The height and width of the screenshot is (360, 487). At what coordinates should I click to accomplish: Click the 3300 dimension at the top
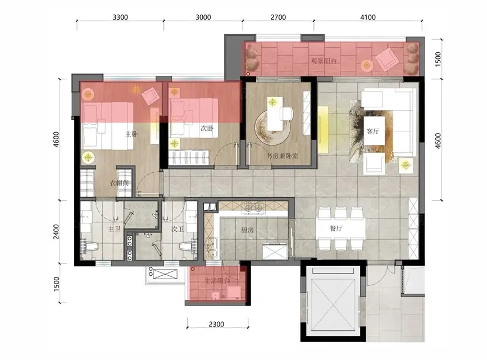click(120, 17)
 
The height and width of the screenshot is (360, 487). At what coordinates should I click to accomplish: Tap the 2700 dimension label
click(278, 17)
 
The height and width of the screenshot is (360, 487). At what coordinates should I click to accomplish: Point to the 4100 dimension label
click(368, 17)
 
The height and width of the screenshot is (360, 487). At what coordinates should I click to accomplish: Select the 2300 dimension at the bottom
click(216, 324)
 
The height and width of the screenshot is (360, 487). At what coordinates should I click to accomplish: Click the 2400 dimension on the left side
click(56, 232)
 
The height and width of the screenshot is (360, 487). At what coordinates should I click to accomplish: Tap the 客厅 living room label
click(373, 131)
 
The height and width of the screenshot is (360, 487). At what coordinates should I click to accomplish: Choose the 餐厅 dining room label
click(336, 229)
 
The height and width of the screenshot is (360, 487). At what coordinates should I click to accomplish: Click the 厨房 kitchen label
click(247, 230)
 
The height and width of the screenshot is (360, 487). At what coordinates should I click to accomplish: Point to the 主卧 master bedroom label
click(131, 134)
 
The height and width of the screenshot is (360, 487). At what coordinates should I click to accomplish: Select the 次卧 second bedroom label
click(207, 128)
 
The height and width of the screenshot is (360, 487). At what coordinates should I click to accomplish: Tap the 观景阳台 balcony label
click(324, 61)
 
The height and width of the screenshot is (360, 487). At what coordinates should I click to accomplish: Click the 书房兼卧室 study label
click(283, 156)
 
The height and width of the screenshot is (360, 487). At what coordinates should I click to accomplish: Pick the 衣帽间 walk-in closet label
click(119, 183)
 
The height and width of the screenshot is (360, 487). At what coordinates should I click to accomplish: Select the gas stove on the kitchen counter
click(254, 208)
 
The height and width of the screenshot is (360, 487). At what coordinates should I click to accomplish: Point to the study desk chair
click(286, 113)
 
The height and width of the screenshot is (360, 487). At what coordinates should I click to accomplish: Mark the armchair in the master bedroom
click(151, 96)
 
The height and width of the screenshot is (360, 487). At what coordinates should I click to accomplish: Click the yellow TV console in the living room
click(323, 130)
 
